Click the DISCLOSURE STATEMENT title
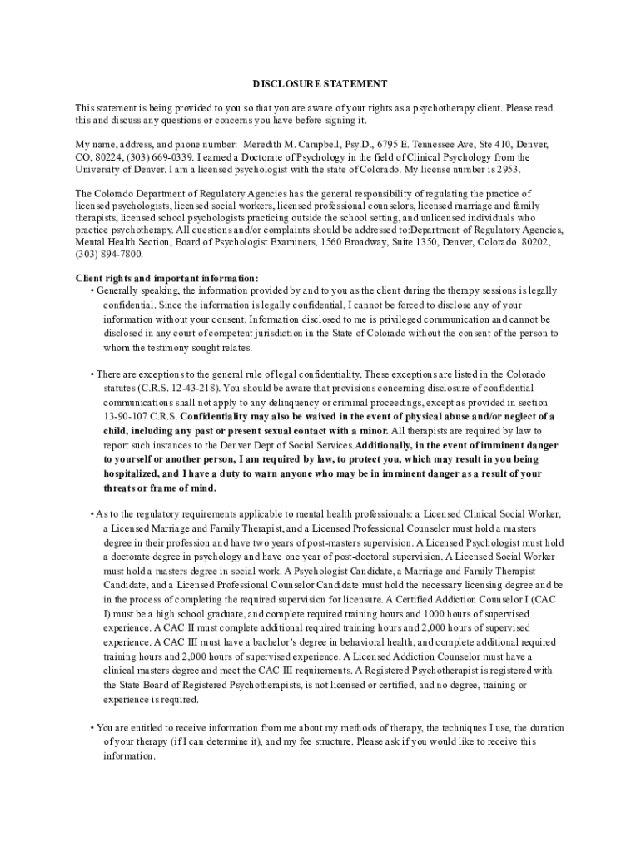[320, 84]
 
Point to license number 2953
[508, 169]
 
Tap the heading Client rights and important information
[166, 278]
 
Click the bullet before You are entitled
[92, 728]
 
